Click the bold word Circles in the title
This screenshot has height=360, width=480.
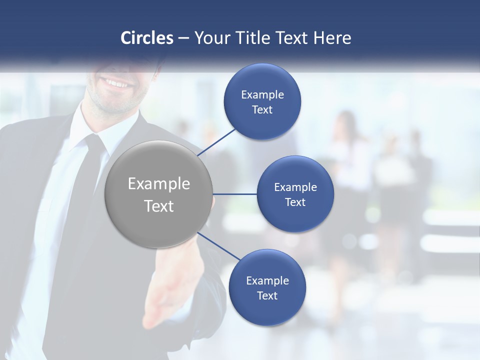pyautogui.click(x=147, y=38)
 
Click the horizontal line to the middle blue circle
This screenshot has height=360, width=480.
pyautogui.click(x=234, y=194)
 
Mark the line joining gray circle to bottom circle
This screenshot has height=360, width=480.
pyautogui.click(x=219, y=246)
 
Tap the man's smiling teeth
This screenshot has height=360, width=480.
pyautogui.click(x=116, y=83)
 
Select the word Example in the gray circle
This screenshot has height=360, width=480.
pyautogui.click(x=159, y=184)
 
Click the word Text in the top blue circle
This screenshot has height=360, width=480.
pyautogui.click(x=262, y=110)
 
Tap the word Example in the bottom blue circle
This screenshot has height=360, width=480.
pyautogui.click(x=267, y=280)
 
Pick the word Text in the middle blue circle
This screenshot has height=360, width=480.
pyautogui.click(x=295, y=202)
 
